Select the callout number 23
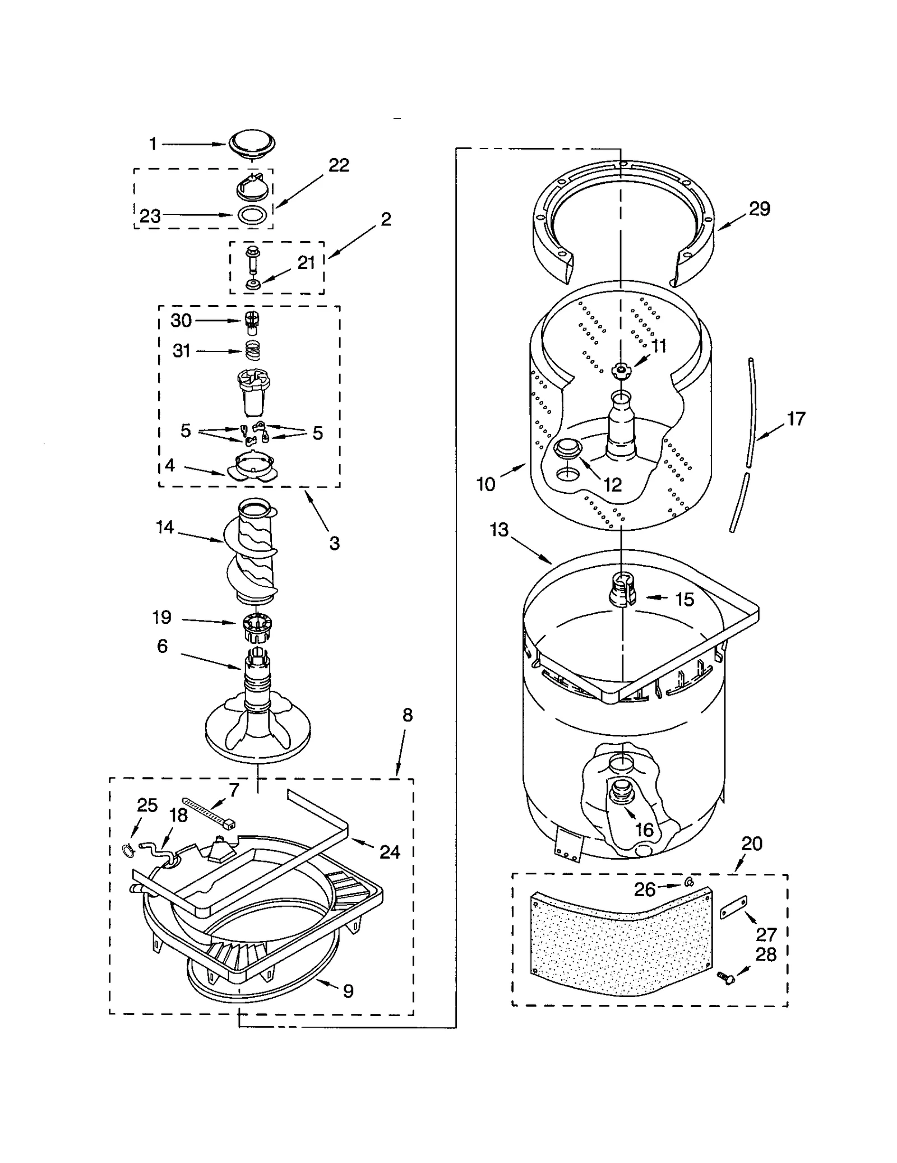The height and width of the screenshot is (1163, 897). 150,216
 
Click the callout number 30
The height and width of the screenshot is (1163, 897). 181,321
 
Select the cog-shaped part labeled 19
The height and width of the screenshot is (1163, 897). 257,628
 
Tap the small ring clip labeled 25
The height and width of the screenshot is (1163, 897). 128,850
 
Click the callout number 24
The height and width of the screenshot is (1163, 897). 390,852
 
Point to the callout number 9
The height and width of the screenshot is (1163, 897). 348,991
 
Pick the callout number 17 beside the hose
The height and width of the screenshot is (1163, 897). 796,419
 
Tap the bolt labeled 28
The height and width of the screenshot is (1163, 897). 728,979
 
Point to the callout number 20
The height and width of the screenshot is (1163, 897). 752,844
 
